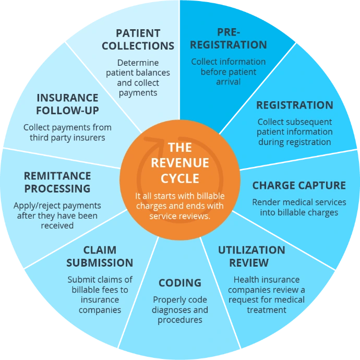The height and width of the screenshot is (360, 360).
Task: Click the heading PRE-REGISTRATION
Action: (227, 39)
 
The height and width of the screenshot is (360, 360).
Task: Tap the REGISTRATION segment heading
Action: (294, 105)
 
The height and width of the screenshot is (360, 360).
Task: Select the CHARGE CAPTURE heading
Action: (299, 185)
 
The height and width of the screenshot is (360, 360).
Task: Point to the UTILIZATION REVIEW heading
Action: (251, 256)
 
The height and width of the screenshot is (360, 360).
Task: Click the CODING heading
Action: (180, 283)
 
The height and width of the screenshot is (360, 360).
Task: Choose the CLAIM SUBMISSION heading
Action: (100, 256)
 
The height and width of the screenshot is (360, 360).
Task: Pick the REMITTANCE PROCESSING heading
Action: (57, 182)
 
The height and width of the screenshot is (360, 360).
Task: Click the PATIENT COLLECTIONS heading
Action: (138, 39)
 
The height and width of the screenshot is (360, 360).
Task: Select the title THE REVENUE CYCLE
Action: (180, 162)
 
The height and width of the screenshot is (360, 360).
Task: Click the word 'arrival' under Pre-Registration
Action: (227, 81)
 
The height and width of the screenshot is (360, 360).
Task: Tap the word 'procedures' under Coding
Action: (180, 320)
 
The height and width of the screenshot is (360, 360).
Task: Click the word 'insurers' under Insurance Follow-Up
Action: (88, 138)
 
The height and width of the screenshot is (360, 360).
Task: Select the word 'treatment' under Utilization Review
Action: (267, 309)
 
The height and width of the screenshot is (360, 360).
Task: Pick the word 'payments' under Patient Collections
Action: (138, 93)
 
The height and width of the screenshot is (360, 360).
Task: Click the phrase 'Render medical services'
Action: (299, 202)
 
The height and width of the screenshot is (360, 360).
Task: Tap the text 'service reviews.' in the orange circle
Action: (180, 215)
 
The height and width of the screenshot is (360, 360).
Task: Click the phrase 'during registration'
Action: (294, 141)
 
